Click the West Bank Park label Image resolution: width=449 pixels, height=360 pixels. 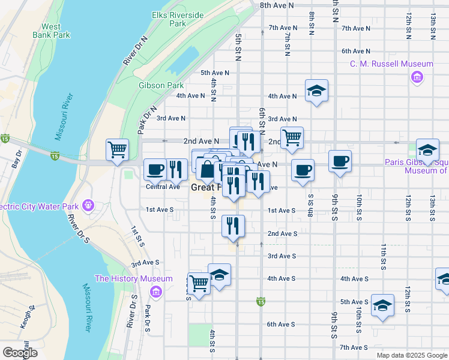tap(55, 31)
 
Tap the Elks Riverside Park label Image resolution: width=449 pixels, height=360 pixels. tap(177, 19)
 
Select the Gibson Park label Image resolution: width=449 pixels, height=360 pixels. tap(161, 85)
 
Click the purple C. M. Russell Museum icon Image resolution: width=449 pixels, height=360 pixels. tap(416, 77)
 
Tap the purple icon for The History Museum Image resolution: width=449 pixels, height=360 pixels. tap(156, 292)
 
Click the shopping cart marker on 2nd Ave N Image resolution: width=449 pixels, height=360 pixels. tap(292, 137)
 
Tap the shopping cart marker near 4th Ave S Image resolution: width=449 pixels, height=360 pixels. tap(199, 283)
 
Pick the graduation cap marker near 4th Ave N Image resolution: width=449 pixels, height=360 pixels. tap(316, 91)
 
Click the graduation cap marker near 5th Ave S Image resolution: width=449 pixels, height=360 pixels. tap(382, 305)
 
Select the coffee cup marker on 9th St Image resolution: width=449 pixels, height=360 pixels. tap(340, 161)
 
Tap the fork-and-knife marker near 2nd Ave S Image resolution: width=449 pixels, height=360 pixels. tap(232, 225)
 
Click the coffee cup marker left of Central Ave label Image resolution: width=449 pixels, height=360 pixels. tap(155, 169)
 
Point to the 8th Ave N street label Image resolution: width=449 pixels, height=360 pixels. tap(277, 5)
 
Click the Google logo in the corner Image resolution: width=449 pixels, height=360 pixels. tap(20, 352)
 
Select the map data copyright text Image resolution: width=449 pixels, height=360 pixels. tap(412, 355)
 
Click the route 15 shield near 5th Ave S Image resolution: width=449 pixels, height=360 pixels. tap(260, 300)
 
